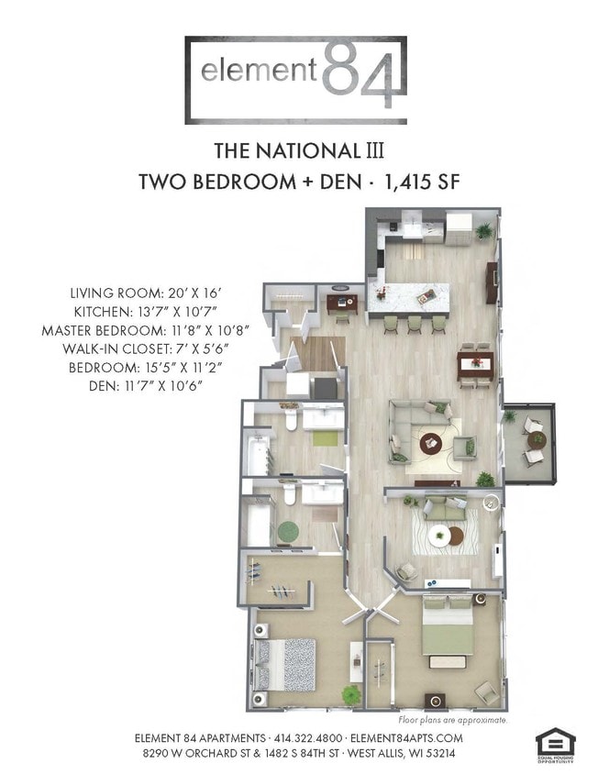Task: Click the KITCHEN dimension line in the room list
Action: pos(148,312)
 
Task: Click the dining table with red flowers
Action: pos(476,363)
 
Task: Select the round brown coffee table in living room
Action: pos(431,444)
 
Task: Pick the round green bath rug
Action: pos(289,530)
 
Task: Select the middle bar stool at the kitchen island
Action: pos(414,324)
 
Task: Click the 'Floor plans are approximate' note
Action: pos(453,721)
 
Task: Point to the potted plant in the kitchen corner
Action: pos(484,230)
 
